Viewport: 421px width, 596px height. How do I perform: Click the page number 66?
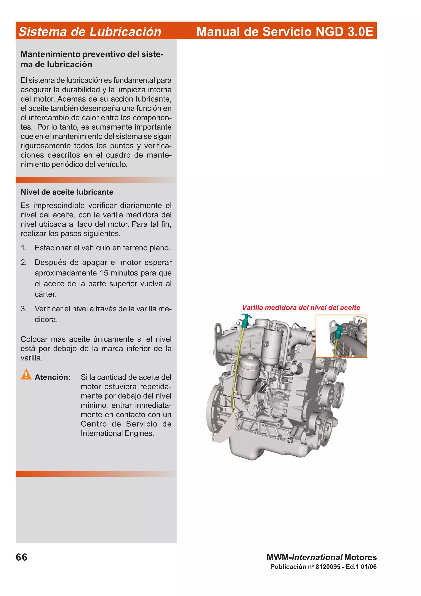(x=22, y=557)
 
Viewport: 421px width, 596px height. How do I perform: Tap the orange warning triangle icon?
(x=26, y=374)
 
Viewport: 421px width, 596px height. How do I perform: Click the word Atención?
(x=52, y=377)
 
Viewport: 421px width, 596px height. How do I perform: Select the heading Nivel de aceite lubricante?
(x=67, y=192)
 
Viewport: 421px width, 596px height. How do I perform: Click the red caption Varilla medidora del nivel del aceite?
(x=301, y=308)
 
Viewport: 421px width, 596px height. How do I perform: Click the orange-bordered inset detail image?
(x=341, y=336)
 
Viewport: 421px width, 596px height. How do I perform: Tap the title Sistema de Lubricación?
(x=90, y=32)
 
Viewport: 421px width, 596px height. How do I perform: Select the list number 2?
(x=24, y=262)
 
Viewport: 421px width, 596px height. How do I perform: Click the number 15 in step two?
(x=104, y=273)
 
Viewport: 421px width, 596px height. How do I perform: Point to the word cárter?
(x=46, y=294)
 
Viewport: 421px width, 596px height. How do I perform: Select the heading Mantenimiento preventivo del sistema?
(x=92, y=59)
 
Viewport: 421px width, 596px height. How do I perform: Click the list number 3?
(x=24, y=309)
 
